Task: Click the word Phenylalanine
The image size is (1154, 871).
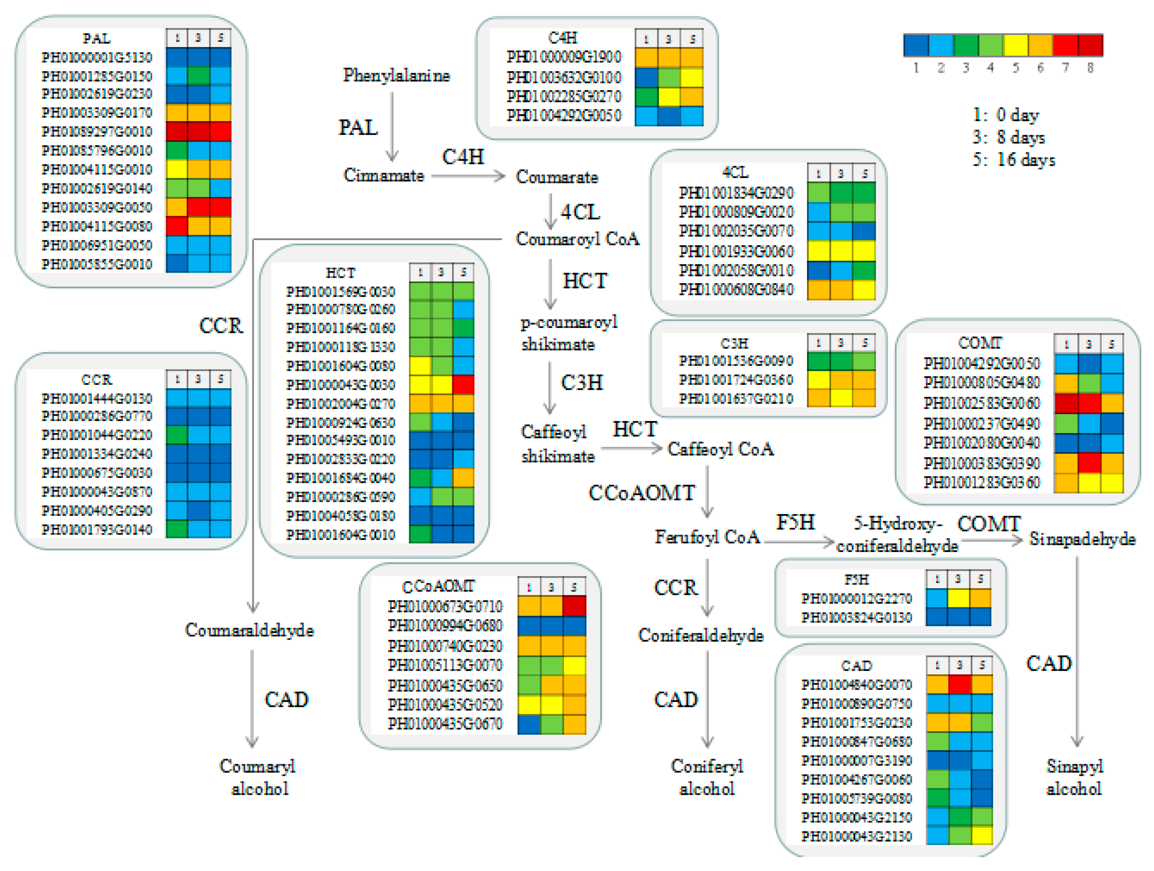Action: pos(396,76)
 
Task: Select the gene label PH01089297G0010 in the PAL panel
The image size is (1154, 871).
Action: pos(97,131)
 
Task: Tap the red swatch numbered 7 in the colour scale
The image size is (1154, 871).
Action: pos(1065,45)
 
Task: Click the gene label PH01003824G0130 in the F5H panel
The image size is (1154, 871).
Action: pos(857,618)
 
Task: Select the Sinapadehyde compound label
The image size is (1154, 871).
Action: pos(1082,539)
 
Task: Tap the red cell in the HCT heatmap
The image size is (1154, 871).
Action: pos(463,385)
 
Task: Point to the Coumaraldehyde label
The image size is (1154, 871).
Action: pos(249,630)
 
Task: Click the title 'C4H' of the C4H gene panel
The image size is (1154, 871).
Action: pos(562,38)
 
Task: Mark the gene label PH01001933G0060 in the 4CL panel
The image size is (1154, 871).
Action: pos(736,252)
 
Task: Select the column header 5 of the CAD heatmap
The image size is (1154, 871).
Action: pos(982,665)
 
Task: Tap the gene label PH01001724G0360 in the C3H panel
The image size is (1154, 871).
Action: pos(735,380)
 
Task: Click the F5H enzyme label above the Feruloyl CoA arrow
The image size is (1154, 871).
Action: pos(795,522)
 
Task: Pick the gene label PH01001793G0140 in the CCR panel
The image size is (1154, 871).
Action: pos(97,530)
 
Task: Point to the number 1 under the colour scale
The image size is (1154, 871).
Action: pos(916,68)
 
